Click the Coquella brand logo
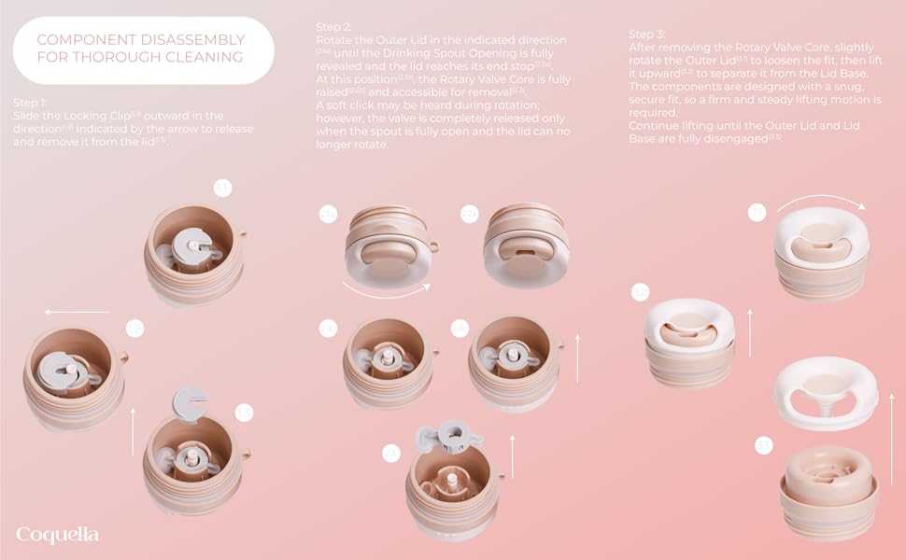(x=57, y=535)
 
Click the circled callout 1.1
(x=221, y=189)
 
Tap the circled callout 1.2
(x=134, y=329)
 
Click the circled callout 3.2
(x=640, y=293)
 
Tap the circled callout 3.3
(x=764, y=447)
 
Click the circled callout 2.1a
(x=329, y=216)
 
